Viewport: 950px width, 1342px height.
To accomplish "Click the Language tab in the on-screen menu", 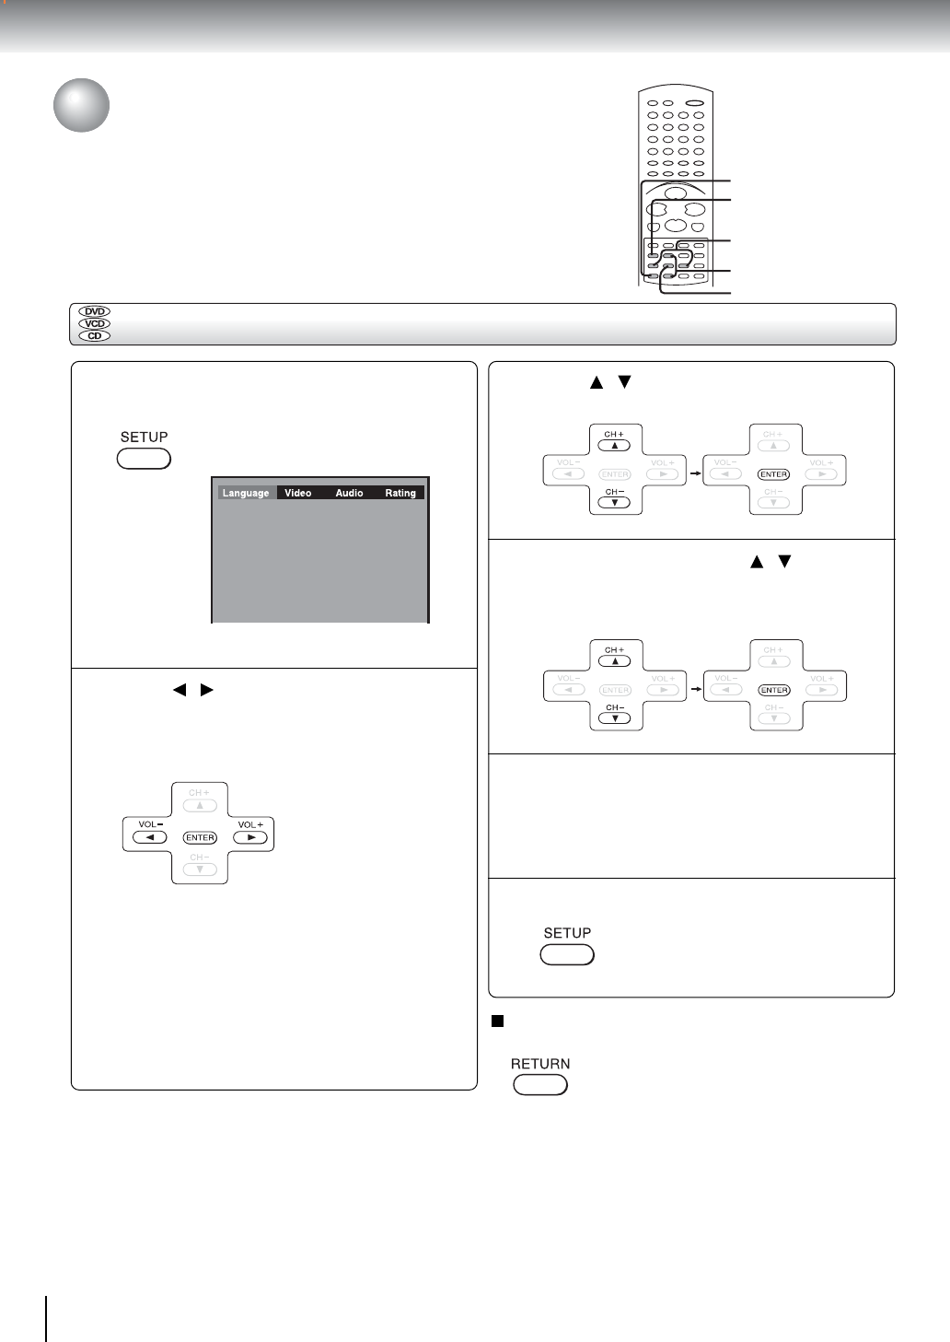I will [246, 493].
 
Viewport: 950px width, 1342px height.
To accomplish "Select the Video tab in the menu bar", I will [297, 493].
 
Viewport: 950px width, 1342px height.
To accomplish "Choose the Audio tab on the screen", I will [349, 493].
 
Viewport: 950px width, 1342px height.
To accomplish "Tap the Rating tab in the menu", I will [400, 493].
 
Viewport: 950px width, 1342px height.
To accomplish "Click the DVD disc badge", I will [95, 311].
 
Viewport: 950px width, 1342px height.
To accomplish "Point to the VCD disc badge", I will [95, 323].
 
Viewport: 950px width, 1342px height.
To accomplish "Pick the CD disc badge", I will [95, 335].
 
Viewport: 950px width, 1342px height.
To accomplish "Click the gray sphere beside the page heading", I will [81, 105].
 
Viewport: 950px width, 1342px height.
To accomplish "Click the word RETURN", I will [540, 1064].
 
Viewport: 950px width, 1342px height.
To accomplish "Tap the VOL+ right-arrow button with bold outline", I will [250, 837].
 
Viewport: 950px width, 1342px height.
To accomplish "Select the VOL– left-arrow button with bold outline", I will [149, 837].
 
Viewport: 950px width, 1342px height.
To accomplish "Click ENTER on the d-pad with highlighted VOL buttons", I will [200, 837].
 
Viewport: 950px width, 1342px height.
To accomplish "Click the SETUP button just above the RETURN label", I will [567, 955].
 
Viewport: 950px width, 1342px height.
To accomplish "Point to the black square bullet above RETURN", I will [497, 1021].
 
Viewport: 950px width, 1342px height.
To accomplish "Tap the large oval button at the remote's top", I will [694, 103].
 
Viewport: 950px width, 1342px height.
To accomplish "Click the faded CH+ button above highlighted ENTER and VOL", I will [200, 805].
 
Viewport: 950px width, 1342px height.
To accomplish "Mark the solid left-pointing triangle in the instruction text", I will [180, 689].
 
